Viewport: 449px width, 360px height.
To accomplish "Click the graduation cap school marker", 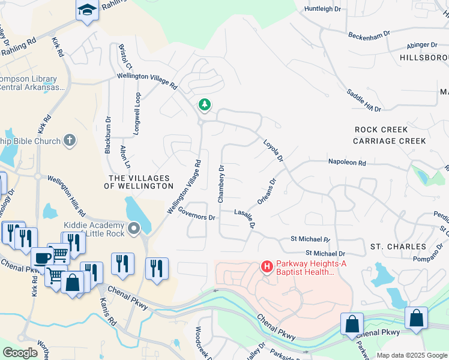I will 87,10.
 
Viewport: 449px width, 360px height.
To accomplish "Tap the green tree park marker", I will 205,105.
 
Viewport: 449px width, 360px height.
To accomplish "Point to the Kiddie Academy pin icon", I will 133,229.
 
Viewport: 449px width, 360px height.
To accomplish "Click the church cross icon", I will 70,140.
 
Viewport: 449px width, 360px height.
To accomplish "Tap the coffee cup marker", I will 41,257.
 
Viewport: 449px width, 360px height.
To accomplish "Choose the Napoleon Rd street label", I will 346,163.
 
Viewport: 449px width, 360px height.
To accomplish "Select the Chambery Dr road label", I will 221,179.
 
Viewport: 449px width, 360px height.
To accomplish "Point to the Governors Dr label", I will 196,217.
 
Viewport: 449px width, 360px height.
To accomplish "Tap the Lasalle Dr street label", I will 246,218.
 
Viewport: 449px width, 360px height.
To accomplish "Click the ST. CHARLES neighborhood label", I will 398,247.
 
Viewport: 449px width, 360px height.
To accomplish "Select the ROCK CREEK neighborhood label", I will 381,130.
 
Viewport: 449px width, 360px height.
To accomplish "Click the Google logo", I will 20,352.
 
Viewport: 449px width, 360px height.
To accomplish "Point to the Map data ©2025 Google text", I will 412,355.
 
